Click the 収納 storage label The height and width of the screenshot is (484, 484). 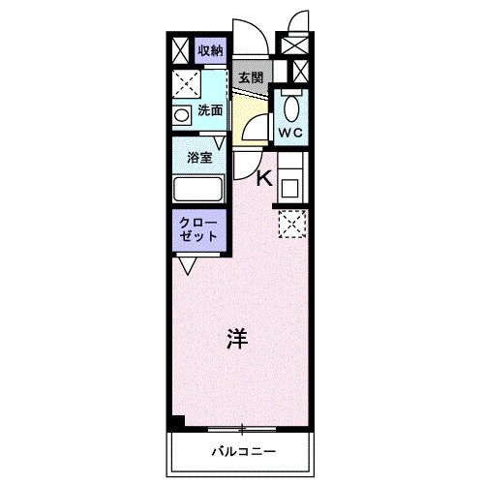[x=210, y=50]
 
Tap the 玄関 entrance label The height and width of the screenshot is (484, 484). [x=252, y=78]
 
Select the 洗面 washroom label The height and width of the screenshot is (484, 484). [x=210, y=110]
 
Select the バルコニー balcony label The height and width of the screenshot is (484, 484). [x=244, y=452]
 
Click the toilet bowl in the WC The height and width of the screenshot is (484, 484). [x=293, y=104]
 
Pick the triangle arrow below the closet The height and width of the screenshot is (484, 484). [x=188, y=262]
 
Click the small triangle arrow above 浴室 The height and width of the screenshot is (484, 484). [x=220, y=143]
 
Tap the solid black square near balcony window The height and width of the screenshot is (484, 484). [x=175, y=423]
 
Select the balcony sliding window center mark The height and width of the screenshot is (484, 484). [x=243, y=428]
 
